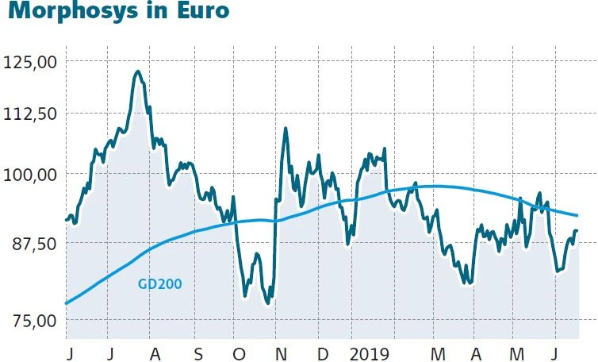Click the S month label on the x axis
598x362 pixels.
pyautogui.click(x=198, y=352)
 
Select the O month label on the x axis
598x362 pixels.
pyautogui.click(x=239, y=352)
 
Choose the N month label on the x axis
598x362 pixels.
pyautogui.click(x=281, y=352)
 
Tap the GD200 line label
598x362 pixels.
pyautogui.click(x=159, y=283)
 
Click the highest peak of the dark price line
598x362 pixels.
pyautogui.click(x=137, y=72)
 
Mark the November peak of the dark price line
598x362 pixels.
pyautogui.click(x=285, y=129)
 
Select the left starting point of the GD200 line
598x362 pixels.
pyautogui.click(x=66, y=303)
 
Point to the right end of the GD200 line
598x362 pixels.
pyautogui.click(x=577, y=215)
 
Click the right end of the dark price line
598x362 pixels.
pyautogui.click(x=577, y=230)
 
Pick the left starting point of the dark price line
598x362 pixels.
pyautogui.click(x=66, y=220)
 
